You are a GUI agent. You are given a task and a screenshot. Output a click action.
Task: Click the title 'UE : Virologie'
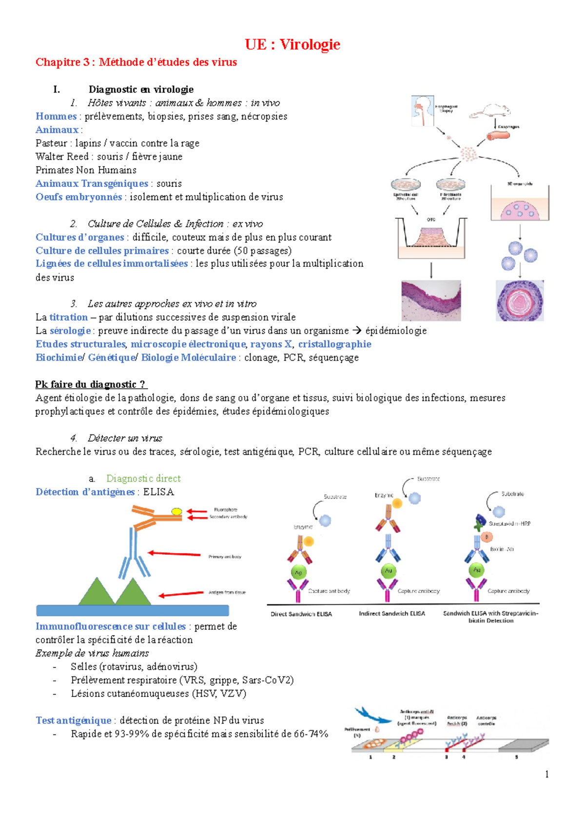(292, 44)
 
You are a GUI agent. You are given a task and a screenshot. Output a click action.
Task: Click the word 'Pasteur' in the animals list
(51, 143)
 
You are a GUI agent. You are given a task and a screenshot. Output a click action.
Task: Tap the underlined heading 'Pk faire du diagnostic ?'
(91, 384)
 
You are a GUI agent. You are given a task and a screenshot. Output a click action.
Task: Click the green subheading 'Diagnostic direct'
(143, 478)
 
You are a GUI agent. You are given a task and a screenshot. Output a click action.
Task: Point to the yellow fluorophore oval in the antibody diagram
(176, 511)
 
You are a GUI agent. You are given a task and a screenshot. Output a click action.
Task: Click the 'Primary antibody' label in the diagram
(225, 556)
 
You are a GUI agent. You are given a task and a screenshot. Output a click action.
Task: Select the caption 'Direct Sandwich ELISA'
(301, 614)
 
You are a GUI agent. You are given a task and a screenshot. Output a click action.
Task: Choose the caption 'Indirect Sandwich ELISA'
(392, 613)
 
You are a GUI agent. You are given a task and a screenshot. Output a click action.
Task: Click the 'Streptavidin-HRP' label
(509, 524)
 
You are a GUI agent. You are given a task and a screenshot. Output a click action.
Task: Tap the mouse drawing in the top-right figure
(490, 112)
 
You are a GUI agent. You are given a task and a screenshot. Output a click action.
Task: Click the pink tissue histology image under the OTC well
(431, 301)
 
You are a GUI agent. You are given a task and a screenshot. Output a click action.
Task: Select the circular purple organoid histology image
(520, 301)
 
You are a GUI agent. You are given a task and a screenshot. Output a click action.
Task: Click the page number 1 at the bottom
(547, 774)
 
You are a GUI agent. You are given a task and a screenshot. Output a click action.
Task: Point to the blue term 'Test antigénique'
(74, 720)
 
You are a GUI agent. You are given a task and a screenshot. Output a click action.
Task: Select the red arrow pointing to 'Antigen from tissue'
(181, 594)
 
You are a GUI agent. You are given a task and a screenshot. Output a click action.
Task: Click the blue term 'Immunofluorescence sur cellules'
(111, 626)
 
